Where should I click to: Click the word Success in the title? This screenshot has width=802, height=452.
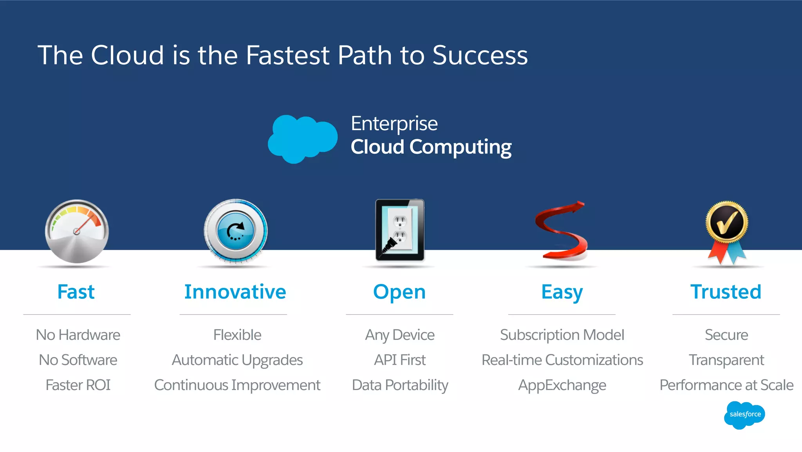point(480,55)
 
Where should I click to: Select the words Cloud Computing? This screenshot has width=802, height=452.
point(431,147)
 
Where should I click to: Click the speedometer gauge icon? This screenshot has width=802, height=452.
point(77,231)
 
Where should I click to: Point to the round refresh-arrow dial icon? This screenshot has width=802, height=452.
point(235,231)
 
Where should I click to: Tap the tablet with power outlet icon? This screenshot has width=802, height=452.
point(399,230)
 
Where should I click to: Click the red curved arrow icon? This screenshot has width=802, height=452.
point(562,231)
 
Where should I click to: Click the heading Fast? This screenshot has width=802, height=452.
point(76,292)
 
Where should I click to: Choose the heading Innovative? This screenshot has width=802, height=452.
point(235,292)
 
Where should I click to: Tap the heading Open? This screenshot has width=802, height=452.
point(399,292)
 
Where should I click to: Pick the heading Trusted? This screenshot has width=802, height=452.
point(726,292)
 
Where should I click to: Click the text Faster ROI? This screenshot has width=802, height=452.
point(78,385)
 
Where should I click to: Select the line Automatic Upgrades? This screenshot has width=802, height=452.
point(237,360)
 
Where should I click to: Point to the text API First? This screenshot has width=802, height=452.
point(399,360)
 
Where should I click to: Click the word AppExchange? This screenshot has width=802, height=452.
point(562,385)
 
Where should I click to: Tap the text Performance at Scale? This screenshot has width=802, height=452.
point(726,385)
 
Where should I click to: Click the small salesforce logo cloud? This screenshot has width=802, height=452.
point(744,415)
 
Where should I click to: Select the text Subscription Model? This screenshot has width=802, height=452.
point(562,335)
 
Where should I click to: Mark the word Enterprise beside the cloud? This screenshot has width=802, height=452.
point(394,124)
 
